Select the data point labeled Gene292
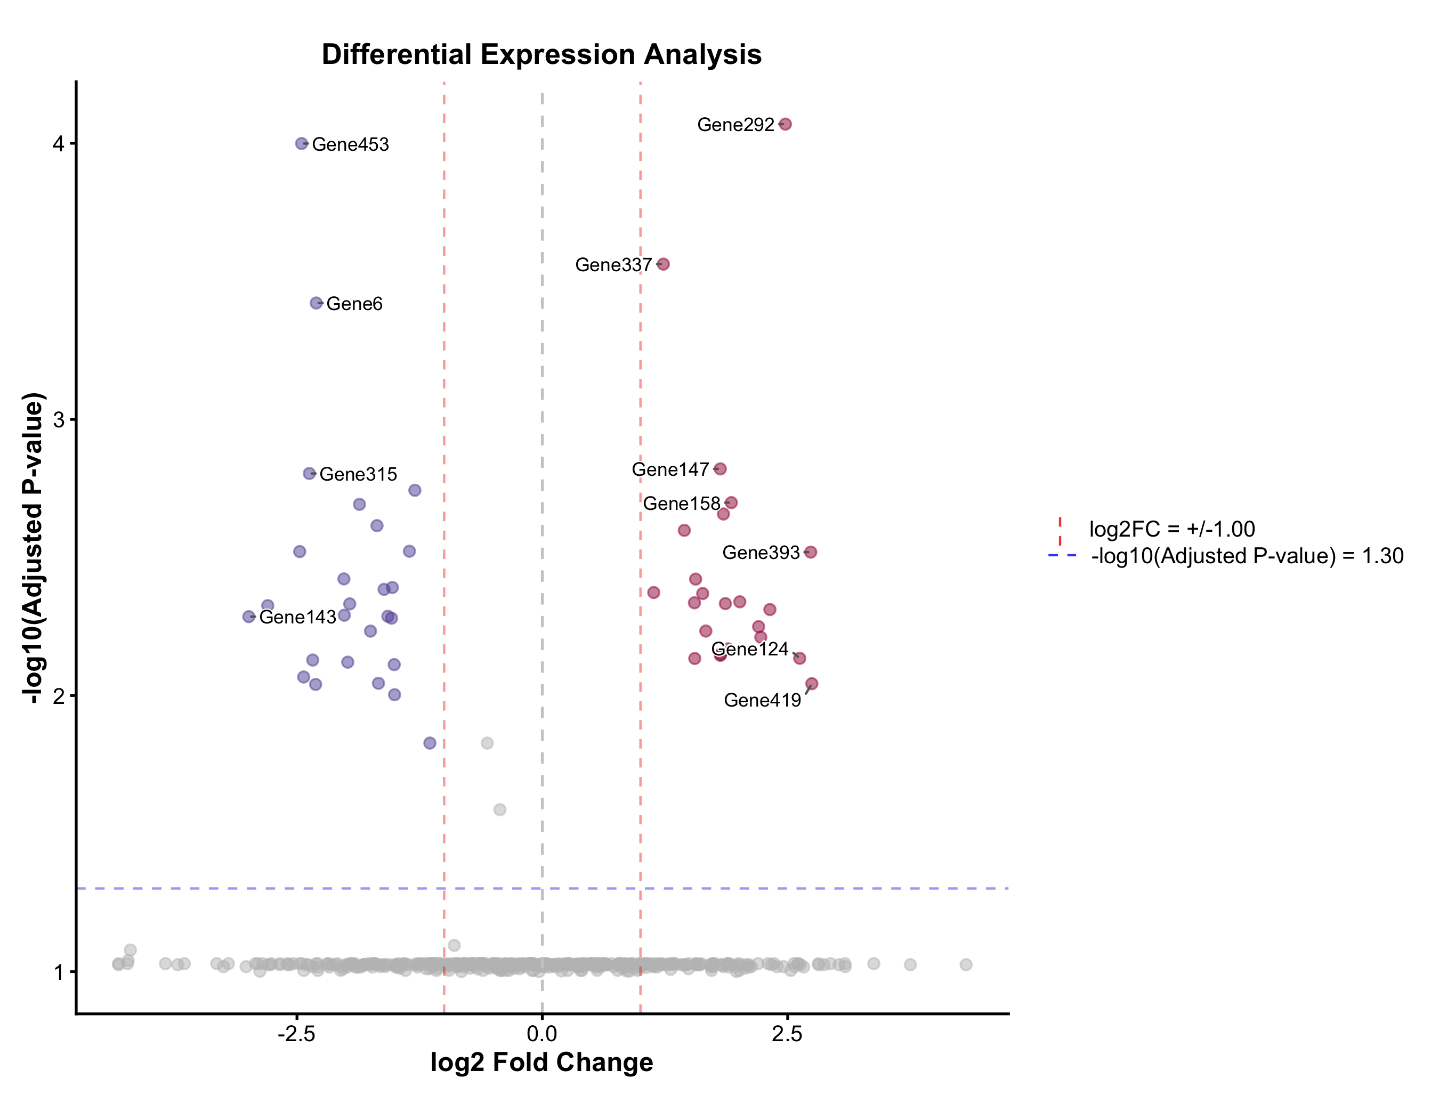click(785, 124)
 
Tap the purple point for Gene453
click(302, 143)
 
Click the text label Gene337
click(613, 265)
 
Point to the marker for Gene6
click(316, 303)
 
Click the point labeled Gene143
click(248, 617)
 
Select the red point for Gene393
click(811, 552)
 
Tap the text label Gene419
click(762, 700)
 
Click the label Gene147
click(669, 469)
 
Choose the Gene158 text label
click(681, 504)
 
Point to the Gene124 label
click(750, 650)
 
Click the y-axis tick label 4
click(59, 143)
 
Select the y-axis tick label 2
click(59, 695)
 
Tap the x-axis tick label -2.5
click(296, 1034)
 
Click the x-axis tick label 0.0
click(541, 1034)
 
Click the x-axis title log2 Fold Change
click(541, 1063)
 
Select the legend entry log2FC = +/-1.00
click(1171, 529)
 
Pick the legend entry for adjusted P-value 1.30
click(1247, 556)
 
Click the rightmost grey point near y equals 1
click(966, 964)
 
